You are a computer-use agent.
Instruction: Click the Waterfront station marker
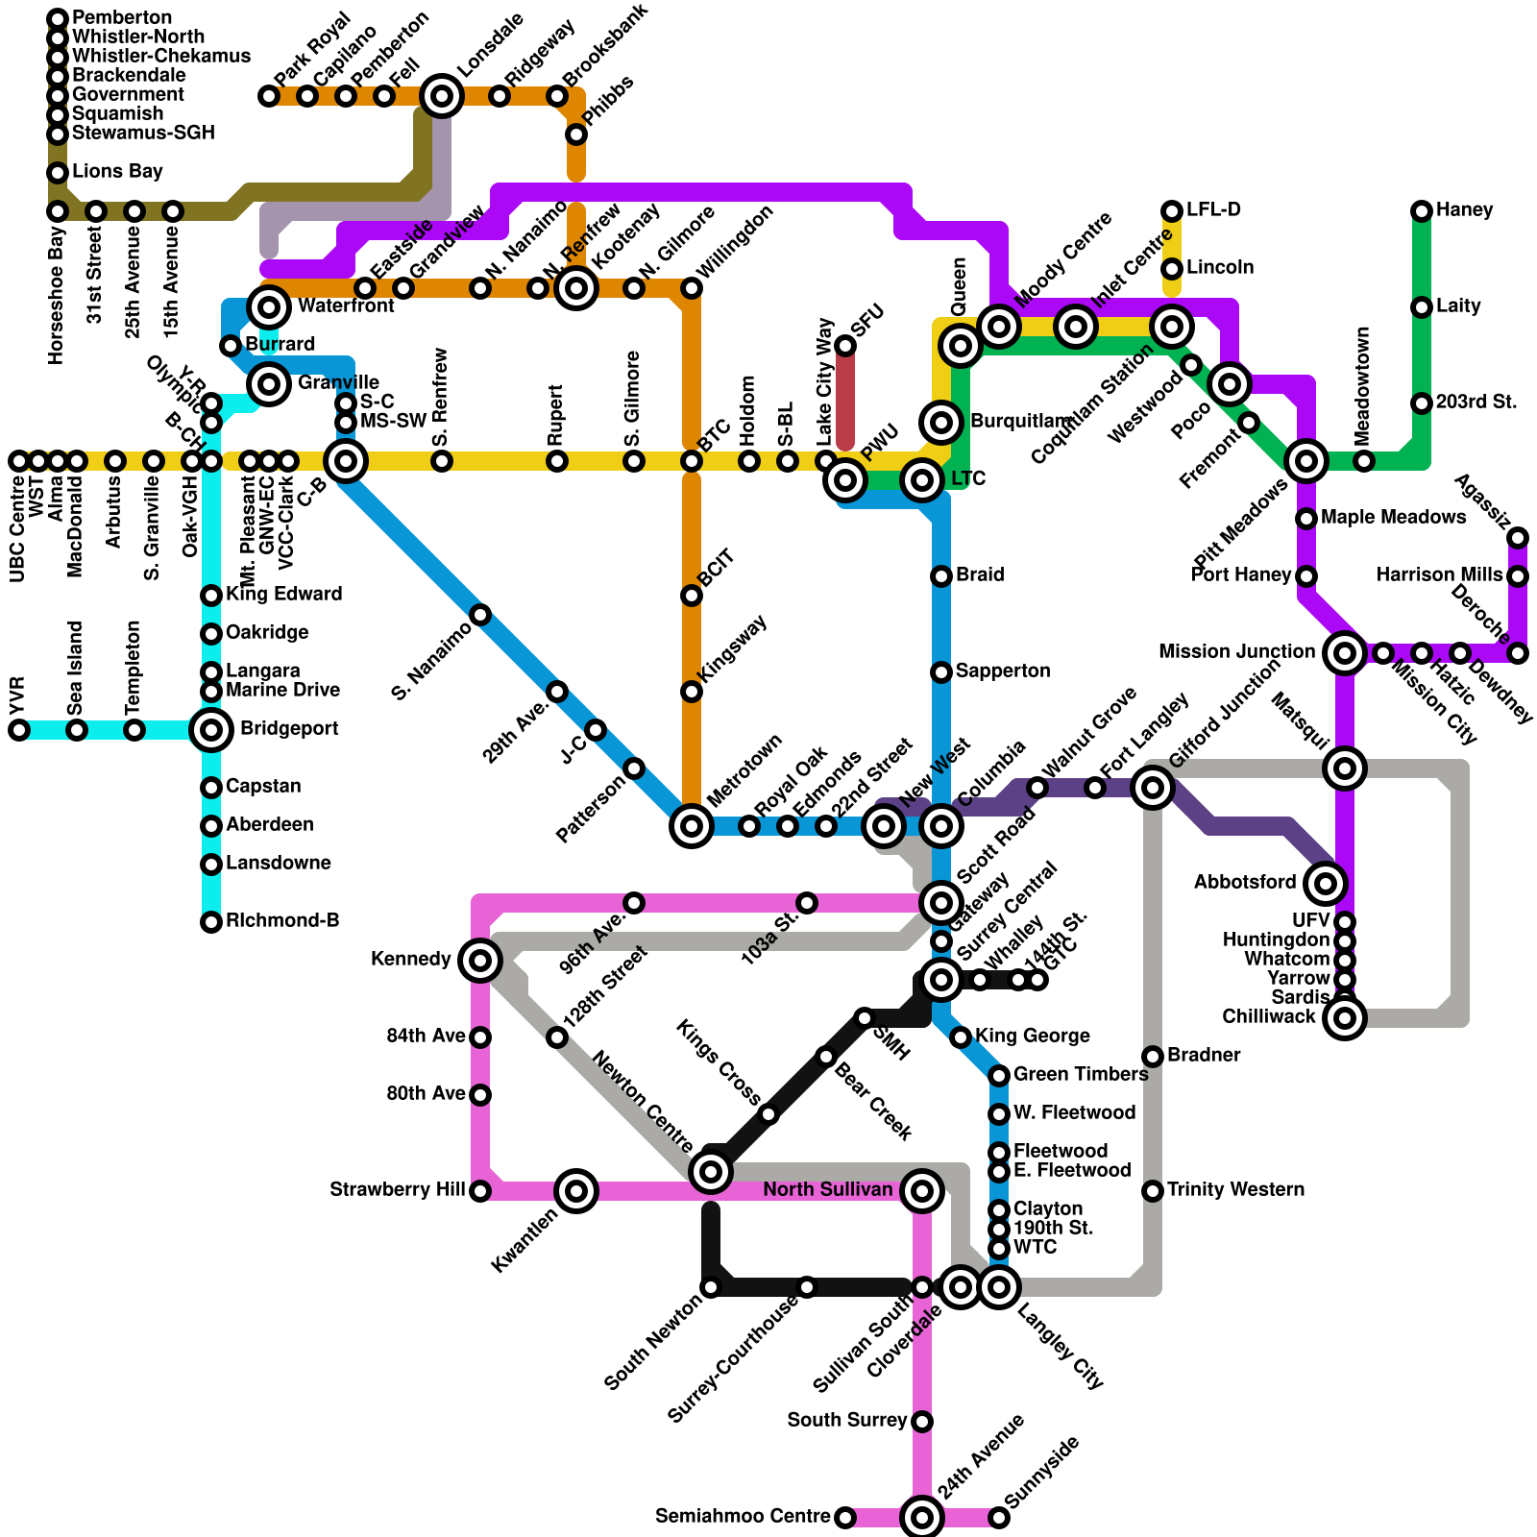coord(269,307)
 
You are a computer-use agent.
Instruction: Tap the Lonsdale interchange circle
coord(442,96)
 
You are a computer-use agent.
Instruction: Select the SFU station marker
coord(845,346)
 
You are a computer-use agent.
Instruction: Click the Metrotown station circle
coord(692,825)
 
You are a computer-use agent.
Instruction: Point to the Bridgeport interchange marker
coord(211,730)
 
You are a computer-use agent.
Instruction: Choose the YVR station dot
coord(19,730)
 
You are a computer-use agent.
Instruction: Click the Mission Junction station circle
coord(1345,653)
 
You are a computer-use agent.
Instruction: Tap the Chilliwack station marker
coord(1345,1018)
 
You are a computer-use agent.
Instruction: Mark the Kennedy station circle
coord(480,960)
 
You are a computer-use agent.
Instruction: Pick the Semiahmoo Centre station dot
coord(845,1518)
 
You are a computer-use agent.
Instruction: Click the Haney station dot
coord(1422,211)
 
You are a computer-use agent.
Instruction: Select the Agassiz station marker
coord(1518,538)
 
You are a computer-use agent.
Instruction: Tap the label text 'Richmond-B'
coord(282,921)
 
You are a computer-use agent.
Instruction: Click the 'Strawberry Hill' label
coord(397,1190)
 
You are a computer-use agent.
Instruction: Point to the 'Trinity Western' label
coord(1235,1190)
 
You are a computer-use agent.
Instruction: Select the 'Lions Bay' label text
coord(117,172)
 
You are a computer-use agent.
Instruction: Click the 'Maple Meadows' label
coord(1393,518)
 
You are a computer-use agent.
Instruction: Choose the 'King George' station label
coord(1032,1037)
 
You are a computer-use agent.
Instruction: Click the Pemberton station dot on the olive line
coord(58,19)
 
